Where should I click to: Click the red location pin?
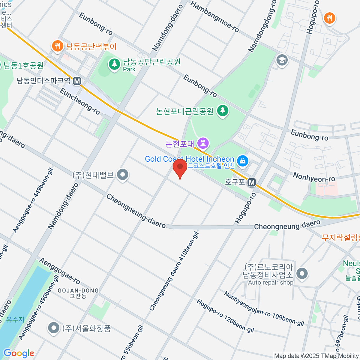(x=180, y=167)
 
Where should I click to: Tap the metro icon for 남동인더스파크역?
(x=77, y=81)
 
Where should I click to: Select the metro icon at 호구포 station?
(x=252, y=182)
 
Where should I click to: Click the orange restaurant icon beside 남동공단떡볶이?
(x=57, y=46)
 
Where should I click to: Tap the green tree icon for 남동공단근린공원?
(x=114, y=64)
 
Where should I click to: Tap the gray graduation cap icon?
(x=282, y=60)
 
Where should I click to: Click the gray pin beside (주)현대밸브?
(x=122, y=175)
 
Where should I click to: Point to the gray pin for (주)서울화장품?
(x=54, y=328)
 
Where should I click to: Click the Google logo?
(x=19, y=353)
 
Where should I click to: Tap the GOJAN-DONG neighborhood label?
(x=78, y=291)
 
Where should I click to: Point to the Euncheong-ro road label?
(x=80, y=101)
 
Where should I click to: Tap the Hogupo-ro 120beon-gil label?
(x=225, y=316)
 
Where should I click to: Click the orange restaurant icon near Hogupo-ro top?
(x=329, y=18)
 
